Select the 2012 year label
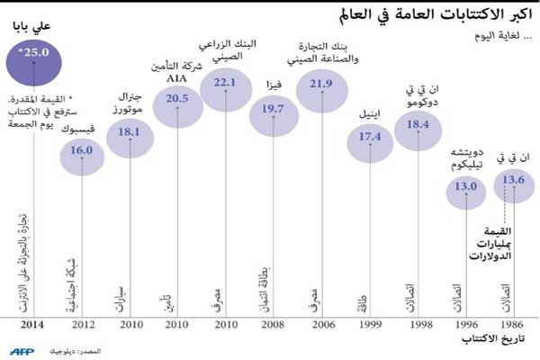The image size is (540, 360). click(82, 325)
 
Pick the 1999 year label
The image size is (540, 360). click(370, 325)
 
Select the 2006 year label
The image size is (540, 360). click(322, 325)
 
